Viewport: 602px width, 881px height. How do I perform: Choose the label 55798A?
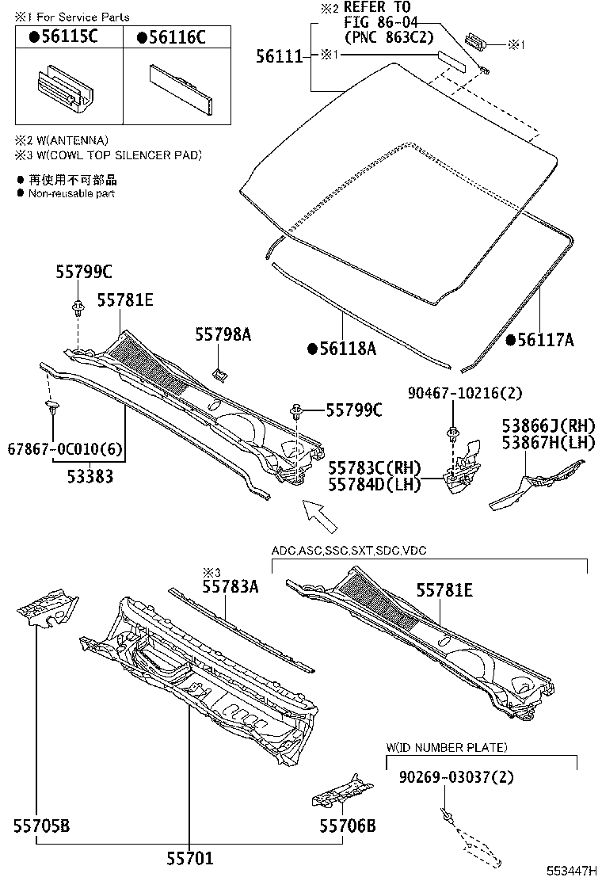tap(223, 335)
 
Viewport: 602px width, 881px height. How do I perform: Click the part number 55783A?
tap(230, 586)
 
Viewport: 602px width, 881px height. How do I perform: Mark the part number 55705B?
tap(40, 826)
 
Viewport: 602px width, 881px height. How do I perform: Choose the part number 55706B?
tap(347, 826)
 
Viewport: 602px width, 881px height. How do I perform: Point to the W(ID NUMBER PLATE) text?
tap(447, 747)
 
